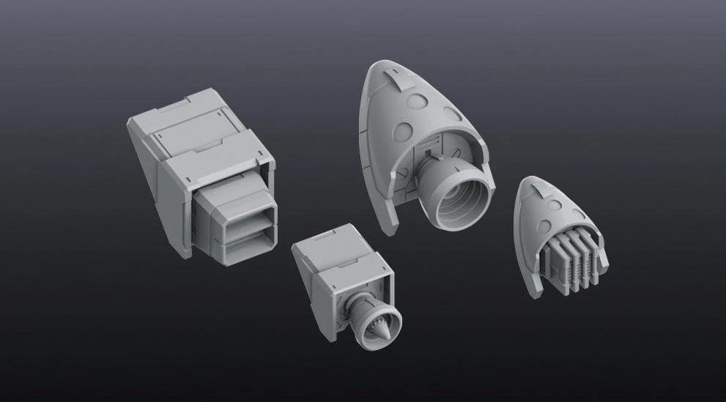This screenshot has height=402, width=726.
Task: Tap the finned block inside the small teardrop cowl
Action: tap(568, 263)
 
